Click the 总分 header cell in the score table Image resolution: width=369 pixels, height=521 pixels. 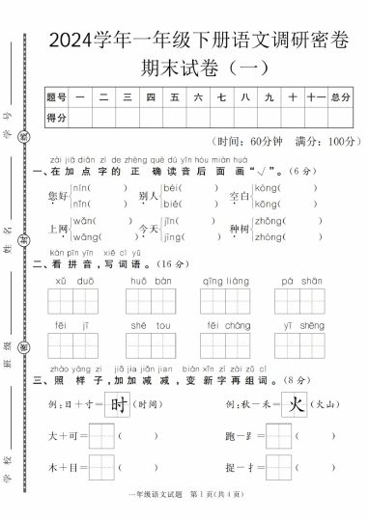(340, 96)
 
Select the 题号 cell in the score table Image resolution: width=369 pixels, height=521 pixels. (57, 96)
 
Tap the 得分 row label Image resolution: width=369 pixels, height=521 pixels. (57, 118)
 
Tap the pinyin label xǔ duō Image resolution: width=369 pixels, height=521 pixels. (73, 281)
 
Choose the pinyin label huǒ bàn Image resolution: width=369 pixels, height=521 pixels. (150, 281)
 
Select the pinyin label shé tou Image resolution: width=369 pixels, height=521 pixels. (150, 325)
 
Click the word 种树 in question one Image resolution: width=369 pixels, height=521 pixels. (239, 230)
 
